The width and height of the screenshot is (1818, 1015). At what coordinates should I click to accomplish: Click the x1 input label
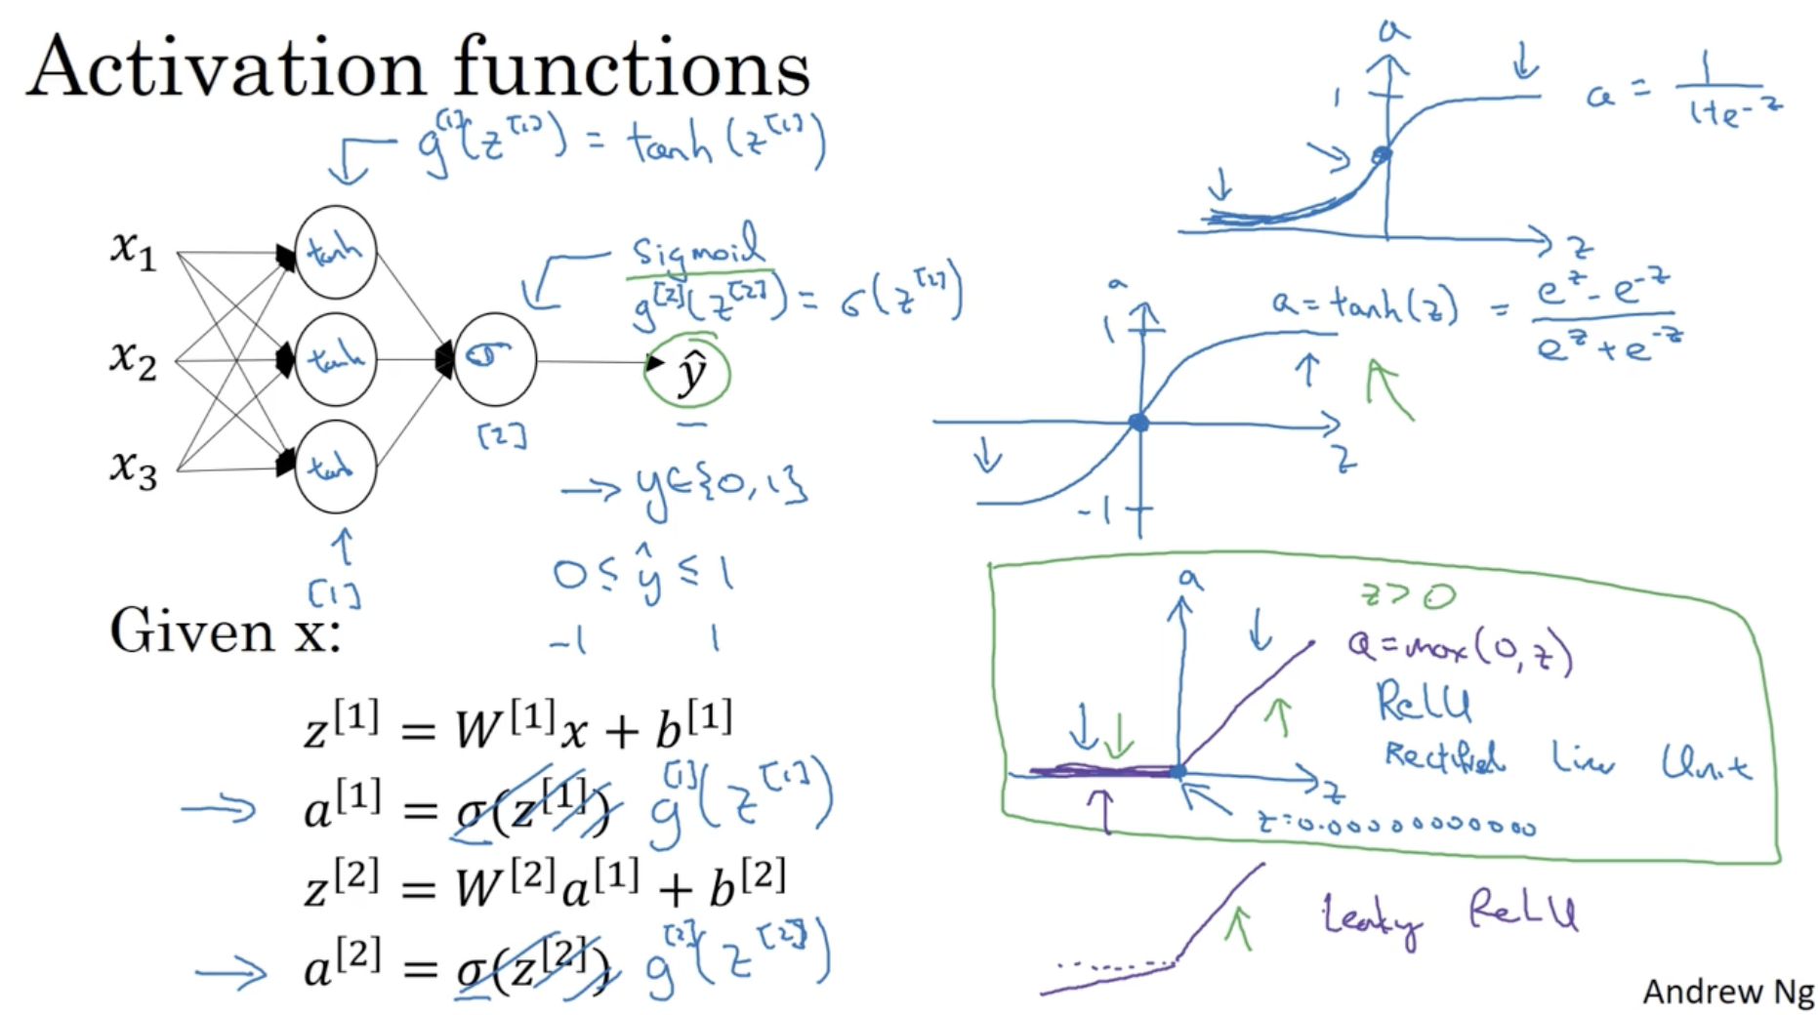point(133,249)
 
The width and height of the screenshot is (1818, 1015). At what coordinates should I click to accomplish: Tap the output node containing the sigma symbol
point(494,359)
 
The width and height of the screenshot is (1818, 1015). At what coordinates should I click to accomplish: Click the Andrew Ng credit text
point(1727,991)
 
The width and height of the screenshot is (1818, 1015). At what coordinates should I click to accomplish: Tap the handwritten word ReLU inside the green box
point(1424,700)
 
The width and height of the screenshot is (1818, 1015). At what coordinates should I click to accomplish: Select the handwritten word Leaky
point(1371,918)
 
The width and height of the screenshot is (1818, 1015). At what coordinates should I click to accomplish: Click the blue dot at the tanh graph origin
point(1138,423)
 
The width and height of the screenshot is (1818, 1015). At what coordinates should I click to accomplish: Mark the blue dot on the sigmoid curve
point(1382,154)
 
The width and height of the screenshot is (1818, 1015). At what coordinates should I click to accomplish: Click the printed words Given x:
point(225,630)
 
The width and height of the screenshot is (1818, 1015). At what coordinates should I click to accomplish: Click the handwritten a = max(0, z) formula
point(1460,649)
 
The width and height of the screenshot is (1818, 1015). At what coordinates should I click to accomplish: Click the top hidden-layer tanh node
point(335,252)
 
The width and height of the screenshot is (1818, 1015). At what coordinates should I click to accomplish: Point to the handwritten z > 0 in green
point(1408,594)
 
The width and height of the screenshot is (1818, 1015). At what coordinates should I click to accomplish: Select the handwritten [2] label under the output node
point(502,435)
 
